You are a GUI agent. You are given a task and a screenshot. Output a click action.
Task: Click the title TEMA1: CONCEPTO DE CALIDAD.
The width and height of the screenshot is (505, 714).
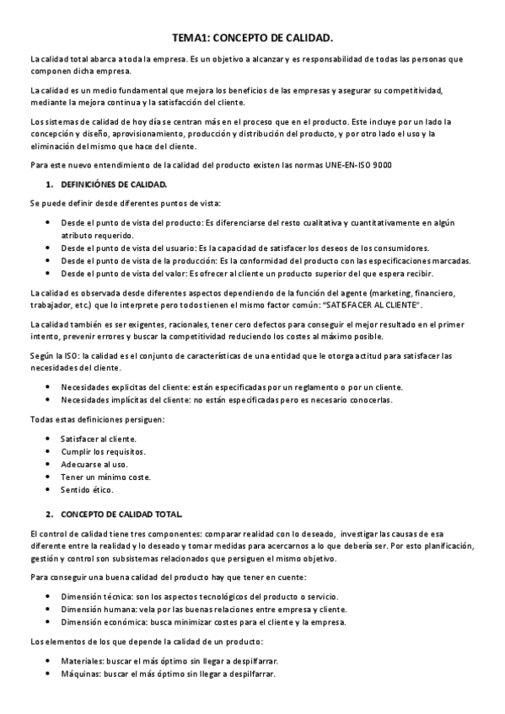[x=252, y=38]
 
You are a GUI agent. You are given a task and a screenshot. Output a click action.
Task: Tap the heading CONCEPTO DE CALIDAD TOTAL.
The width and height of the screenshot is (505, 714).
[x=121, y=513]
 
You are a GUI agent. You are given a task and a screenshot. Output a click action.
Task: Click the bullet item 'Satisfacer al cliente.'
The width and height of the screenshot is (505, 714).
[x=98, y=439]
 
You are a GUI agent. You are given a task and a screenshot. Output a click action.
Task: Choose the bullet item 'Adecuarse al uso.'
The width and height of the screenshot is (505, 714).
[x=94, y=464]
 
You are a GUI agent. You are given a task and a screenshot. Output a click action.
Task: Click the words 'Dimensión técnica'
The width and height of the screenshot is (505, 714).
[x=95, y=597]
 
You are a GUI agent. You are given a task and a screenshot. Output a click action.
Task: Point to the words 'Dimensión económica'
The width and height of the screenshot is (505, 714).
[x=100, y=621]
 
